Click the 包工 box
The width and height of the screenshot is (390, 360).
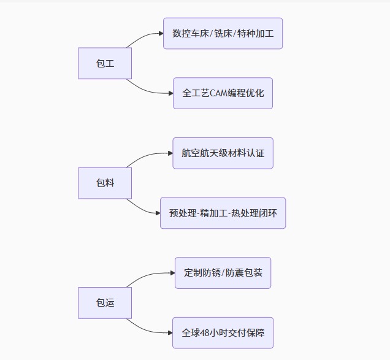coord(105,63)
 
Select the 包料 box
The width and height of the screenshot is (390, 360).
coord(105,183)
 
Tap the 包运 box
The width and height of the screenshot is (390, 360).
coord(105,303)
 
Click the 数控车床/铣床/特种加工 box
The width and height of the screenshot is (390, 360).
coord(223,33)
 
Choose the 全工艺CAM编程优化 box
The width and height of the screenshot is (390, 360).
coord(223,93)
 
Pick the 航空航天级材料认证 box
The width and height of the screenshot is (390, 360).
coord(223,153)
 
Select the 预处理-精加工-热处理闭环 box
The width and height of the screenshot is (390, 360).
coord(223,213)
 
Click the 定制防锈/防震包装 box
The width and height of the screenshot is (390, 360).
coord(223,273)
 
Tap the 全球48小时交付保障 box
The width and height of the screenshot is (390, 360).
coord(223,333)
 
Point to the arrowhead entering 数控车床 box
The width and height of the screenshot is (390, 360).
coord(161,33)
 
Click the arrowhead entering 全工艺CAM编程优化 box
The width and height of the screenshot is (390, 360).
coord(171,93)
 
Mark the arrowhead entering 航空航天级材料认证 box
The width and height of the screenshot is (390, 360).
coord(170,153)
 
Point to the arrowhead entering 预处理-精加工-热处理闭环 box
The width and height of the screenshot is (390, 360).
coord(158,213)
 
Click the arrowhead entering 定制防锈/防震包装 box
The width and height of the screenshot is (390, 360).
coord(173,273)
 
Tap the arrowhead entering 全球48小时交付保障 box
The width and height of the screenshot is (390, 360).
coord(170,333)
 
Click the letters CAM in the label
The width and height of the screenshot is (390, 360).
coord(219,93)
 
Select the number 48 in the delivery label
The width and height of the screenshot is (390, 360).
coord(204,333)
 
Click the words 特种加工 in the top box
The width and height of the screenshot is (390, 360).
coord(256,33)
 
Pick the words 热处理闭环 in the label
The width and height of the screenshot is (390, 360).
coord(254,213)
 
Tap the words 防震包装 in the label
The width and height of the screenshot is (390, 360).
coord(244,273)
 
